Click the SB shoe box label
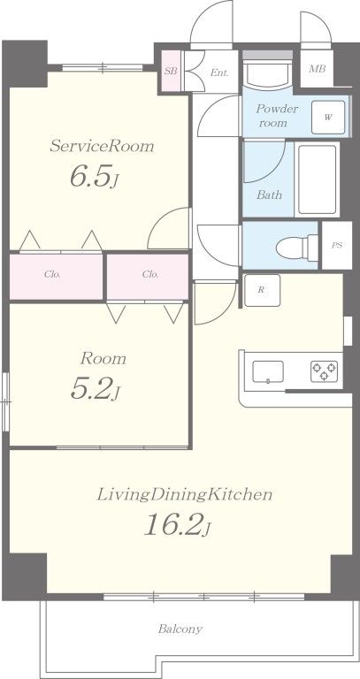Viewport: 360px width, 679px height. [x=171, y=72]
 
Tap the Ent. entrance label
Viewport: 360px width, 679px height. [x=219, y=72]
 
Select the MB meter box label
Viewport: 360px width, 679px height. [x=318, y=69]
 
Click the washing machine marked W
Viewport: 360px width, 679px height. [x=328, y=118]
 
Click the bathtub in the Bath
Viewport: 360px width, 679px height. [x=318, y=179]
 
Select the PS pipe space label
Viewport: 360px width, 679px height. [x=337, y=245]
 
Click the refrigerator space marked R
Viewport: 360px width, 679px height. [x=262, y=290]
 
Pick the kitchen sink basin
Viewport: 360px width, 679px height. [x=268, y=372]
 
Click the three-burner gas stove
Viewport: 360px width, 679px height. [x=324, y=371]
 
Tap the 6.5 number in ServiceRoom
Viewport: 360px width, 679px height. [x=89, y=175]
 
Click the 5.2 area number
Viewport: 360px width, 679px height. [x=89, y=387]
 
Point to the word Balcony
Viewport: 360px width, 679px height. [x=180, y=629]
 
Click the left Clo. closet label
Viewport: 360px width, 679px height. [x=52, y=274]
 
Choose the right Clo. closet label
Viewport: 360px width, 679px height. [x=150, y=274]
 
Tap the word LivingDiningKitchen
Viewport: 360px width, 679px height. [x=185, y=494]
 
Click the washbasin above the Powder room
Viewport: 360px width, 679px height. [x=267, y=72]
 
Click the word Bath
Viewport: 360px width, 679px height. [x=269, y=195]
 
